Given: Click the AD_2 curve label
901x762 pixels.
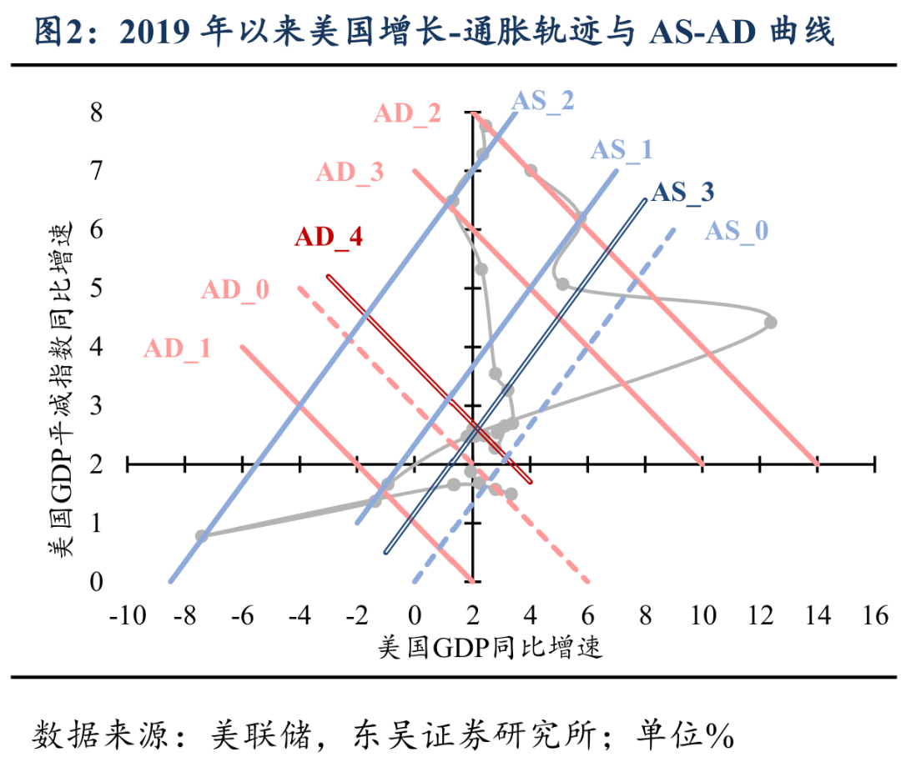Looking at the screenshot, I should [x=408, y=113].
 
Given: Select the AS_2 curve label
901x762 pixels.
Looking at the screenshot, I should [x=543, y=100].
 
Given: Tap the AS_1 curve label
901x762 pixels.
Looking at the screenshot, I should [x=622, y=150].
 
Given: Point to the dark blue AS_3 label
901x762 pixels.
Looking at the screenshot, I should [x=682, y=193].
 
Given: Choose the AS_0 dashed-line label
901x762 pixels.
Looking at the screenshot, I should [x=736, y=230].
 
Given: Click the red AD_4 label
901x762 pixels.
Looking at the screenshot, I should [x=329, y=237].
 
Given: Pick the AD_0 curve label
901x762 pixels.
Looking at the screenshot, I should [x=235, y=290].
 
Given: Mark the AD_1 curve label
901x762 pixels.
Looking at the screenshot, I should [x=177, y=348].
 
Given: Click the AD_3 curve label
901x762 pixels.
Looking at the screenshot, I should [x=350, y=173].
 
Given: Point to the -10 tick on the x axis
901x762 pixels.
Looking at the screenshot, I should [x=126, y=617].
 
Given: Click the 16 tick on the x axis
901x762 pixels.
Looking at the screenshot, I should [x=873, y=617].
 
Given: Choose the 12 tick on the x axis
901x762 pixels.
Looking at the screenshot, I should [x=759, y=617].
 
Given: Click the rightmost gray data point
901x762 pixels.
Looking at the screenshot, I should [x=770, y=322].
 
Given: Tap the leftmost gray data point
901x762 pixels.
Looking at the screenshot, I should [x=201, y=535].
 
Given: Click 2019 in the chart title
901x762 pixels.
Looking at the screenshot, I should [x=154, y=33].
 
